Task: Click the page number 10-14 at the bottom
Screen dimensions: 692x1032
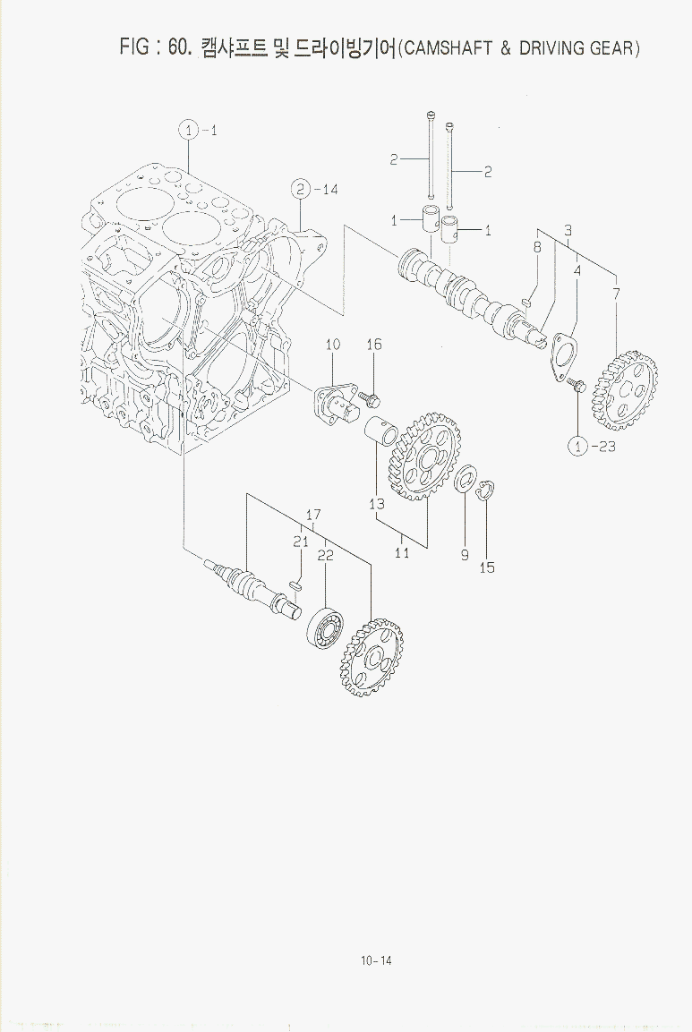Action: (x=376, y=961)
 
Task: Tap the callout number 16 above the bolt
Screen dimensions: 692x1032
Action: (x=374, y=345)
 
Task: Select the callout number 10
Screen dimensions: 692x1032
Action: (x=332, y=344)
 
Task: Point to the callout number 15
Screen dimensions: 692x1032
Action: (x=487, y=567)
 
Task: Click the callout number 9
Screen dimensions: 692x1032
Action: (x=465, y=555)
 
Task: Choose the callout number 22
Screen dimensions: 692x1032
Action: (x=326, y=555)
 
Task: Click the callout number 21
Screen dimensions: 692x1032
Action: (x=301, y=541)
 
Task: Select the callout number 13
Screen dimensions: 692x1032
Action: (x=377, y=504)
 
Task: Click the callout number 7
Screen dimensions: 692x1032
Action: (x=616, y=294)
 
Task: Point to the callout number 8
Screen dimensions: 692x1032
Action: (x=537, y=247)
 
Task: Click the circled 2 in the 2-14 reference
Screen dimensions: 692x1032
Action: (x=300, y=189)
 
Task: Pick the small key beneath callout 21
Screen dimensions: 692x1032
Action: (x=295, y=584)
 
